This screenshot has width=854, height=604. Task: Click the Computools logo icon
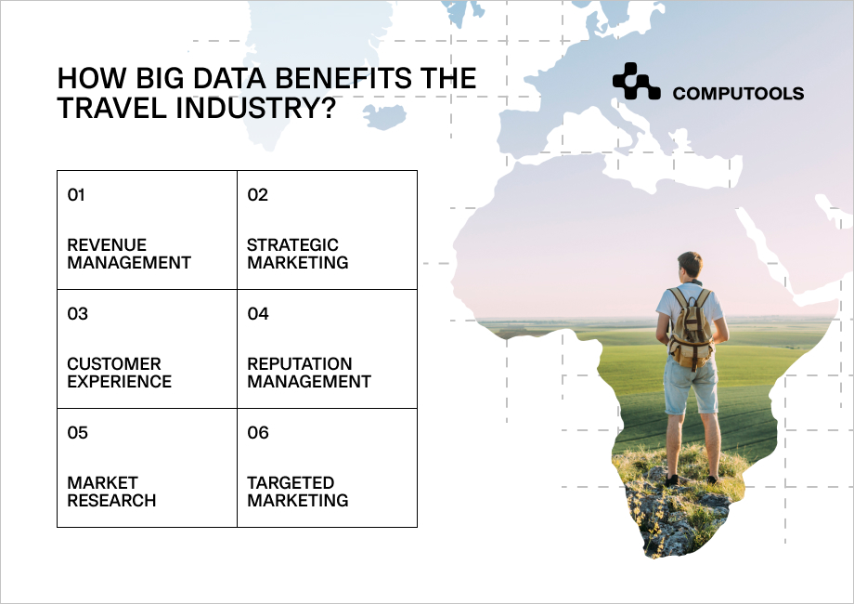[x=636, y=81]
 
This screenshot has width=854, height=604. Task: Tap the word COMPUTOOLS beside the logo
[x=738, y=93]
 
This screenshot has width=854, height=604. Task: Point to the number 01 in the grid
[x=76, y=195]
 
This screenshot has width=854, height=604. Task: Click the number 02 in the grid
[x=258, y=195]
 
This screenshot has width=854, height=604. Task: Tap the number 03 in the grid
[x=77, y=314]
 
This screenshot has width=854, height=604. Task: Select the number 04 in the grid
[x=258, y=314]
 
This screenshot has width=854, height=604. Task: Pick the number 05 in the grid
[x=77, y=433]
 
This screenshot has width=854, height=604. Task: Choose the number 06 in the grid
[x=258, y=433]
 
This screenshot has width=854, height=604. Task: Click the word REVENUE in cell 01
[x=107, y=244]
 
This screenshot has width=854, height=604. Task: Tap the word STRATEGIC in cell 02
[x=293, y=244]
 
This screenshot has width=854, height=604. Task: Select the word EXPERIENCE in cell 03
[x=119, y=382]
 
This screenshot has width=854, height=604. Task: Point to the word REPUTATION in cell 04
[x=300, y=363]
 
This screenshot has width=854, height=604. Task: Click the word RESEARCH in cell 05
[x=111, y=501]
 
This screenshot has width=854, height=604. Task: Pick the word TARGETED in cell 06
[x=291, y=482]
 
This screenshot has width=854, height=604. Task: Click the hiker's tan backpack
[x=691, y=330]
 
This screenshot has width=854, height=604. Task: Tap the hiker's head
[x=690, y=266]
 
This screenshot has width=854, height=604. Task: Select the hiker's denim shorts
[x=690, y=385]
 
